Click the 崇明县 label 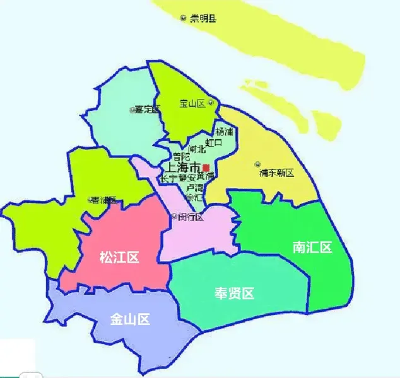pyautogui.click(x=203, y=19)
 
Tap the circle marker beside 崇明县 pyautogui.click(x=184, y=18)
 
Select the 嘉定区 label pyautogui.click(x=148, y=110)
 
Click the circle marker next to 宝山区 pyautogui.click(x=211, y=103)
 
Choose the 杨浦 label pyautogui.click(x=225, y=132)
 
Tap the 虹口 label pyautogui.click(x=214, y=143)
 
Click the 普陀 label pyautogui.click(x=181, y=157)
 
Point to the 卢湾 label pyautogui.click(x=194, y=188)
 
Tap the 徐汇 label pyautogui.click(x=187, y=197)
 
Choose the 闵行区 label pyautogui.click(x=191, y=218)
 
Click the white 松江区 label pyautogui.click(x=119, y=257)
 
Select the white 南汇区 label pyautogui.click(x=312, y=247)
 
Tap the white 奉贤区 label pyautogui.click(x=234, y=293)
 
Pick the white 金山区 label pyautogui.click(x=130, y=319)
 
